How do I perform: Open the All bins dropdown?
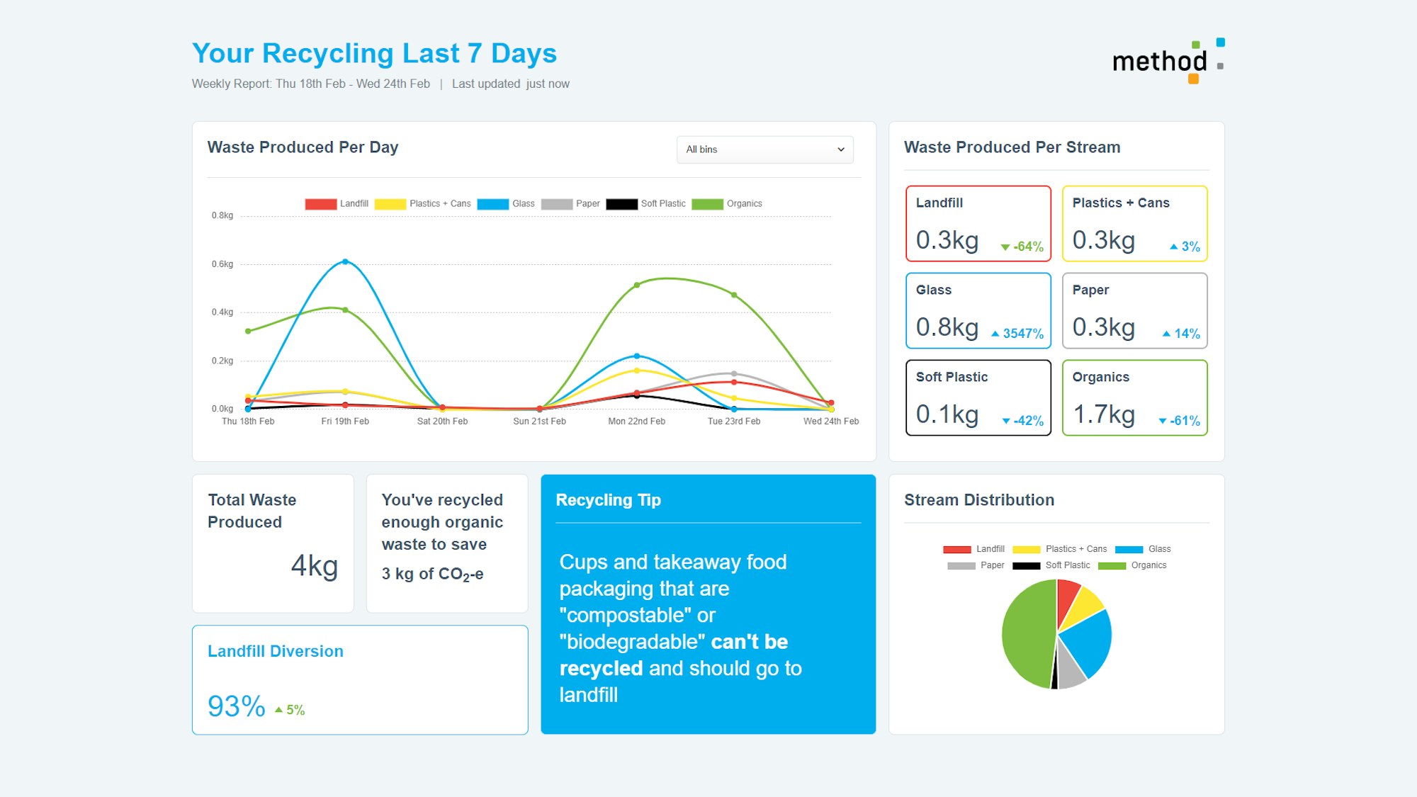point(764,149)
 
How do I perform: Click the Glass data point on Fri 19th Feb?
point(345,261)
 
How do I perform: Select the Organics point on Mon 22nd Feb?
point(636,285)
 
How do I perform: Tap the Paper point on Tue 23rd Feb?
point(734,373)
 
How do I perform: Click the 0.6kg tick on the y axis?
point(222,264)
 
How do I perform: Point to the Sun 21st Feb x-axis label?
point(539,422)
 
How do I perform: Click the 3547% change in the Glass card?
point(1022,334)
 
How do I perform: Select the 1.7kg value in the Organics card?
point(1103,414)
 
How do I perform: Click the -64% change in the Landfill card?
point(1027,247)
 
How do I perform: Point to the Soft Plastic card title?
point(952,377)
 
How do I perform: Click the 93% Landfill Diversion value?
point(236,706)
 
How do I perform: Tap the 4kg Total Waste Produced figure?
point(314,566)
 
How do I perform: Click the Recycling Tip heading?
point(608,500)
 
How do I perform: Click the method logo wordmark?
point(1159,62)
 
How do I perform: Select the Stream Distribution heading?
point(978,500)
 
